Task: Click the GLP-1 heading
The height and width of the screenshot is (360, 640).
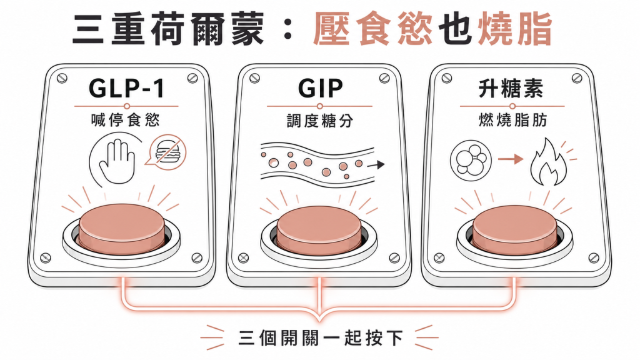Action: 126,88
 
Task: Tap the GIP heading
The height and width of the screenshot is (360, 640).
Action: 321,88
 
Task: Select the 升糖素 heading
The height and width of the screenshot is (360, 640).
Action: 511,89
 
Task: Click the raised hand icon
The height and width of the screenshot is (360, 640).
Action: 117,161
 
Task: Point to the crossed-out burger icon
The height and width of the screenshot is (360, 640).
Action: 167,151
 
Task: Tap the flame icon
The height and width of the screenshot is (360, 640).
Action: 547,162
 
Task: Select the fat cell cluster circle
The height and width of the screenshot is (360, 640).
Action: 471,159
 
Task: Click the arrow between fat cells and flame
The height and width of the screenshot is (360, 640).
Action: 510,159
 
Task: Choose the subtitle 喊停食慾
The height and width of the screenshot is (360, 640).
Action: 125,121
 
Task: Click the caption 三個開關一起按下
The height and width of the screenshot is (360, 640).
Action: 321,338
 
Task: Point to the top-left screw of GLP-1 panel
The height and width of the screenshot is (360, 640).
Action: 62,78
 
